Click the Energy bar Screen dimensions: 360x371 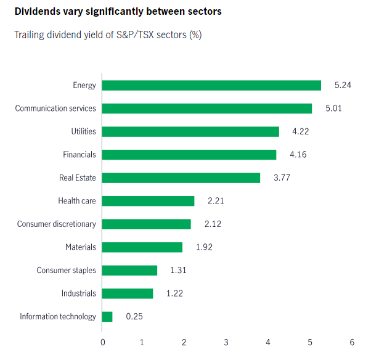211,85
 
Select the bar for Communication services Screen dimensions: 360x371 206,108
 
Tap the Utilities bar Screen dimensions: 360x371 190,131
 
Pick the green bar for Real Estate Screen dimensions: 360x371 181,178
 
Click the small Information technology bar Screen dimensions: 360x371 107,316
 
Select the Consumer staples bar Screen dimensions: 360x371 129,270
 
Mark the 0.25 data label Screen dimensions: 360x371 135,316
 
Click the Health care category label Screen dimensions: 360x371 77,201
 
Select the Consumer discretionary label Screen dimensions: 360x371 57,224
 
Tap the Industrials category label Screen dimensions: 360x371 79,293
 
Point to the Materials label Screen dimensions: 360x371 81,247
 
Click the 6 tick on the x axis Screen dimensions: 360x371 351,342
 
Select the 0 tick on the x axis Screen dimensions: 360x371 102,342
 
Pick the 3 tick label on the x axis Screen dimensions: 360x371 227,342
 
